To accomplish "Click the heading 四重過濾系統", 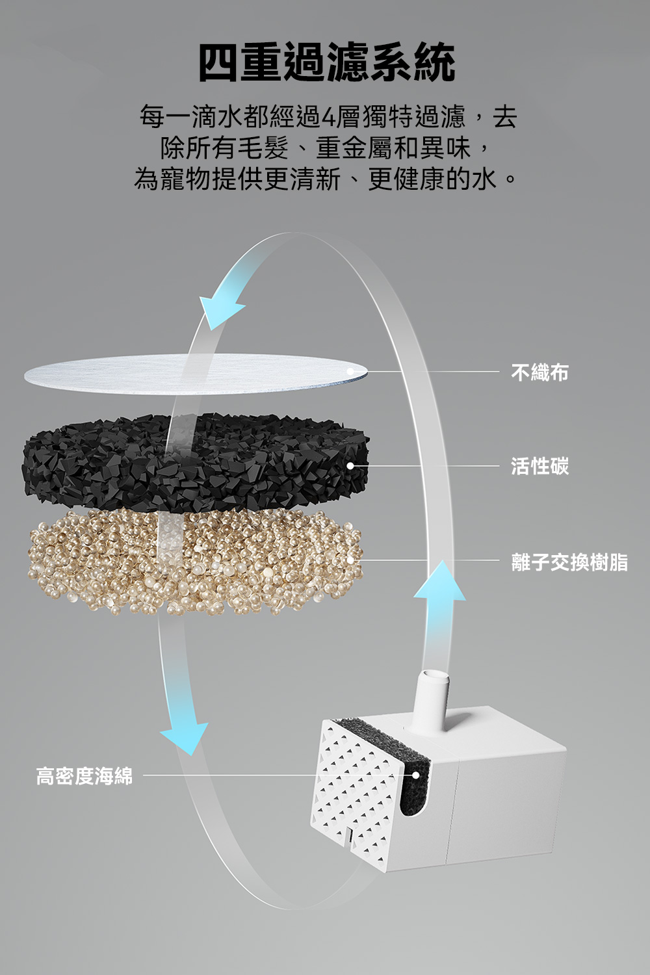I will pos(326,63).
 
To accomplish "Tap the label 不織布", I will pos(539,372).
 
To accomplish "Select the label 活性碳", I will pos(539,466).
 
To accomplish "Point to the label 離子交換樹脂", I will pos(569,562).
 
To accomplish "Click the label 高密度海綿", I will pos(84,775).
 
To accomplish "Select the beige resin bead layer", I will pos(97,559).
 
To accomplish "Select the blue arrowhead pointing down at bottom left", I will pos(185,738).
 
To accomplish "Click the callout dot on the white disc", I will pos(350,371).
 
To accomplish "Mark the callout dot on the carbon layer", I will pos(350,466).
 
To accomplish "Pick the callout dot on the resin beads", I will pos(350,560).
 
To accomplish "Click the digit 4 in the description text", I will pos(328,118).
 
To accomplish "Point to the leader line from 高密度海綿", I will pos(260,775).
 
